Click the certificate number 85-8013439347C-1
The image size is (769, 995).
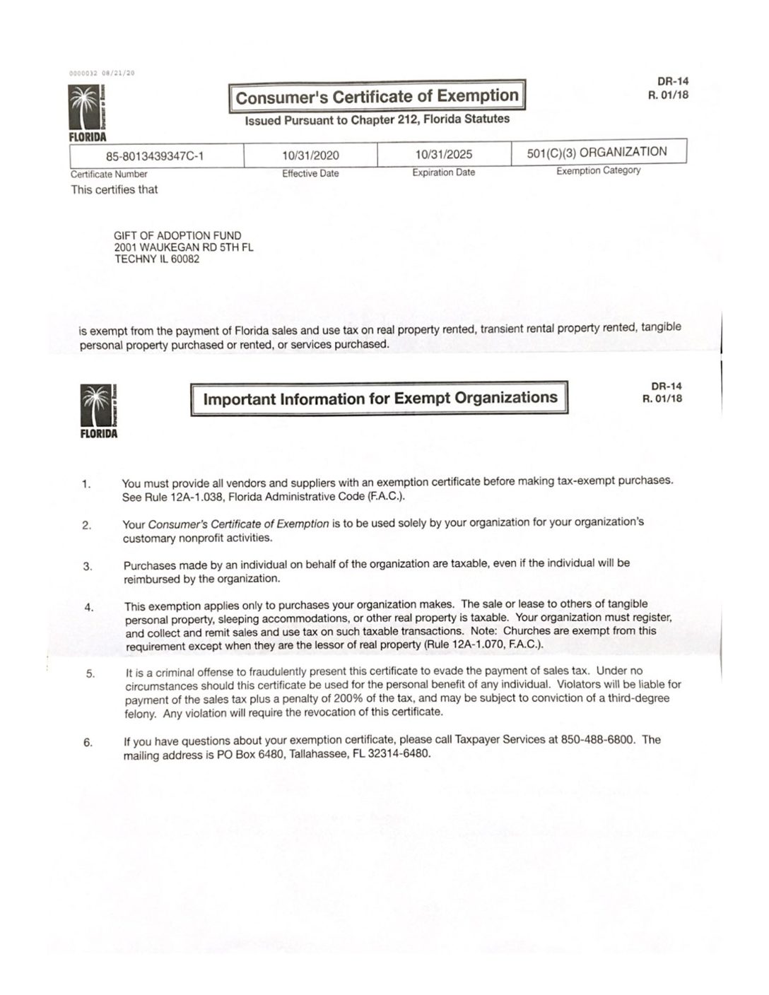pos(155,156)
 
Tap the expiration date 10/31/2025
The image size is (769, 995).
pos(444,154)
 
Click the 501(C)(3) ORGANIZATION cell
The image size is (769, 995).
pos(597,152)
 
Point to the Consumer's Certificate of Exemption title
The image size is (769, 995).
pos(377,97)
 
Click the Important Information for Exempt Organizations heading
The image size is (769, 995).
pos(380,399)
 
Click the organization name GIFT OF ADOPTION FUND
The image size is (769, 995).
pos(177,235)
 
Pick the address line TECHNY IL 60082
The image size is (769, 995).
pos(157,259)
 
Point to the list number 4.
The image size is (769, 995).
pos(89,607)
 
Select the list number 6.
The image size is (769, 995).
pos(88,742)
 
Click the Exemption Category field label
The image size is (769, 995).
pos(598,171)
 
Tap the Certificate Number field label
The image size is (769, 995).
pos(109,174)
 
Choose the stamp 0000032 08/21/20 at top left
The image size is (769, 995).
pos(102,73)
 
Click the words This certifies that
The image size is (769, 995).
pos(115,189)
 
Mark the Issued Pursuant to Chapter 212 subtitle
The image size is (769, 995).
pos(377,119)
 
